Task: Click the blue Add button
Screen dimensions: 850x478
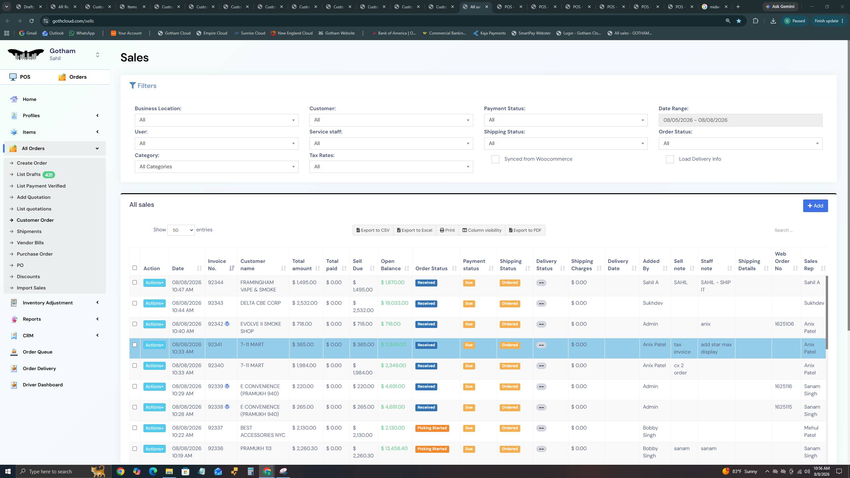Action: click(815, 206)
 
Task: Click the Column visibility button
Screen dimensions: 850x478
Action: click(482, 230)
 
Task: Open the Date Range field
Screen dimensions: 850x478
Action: click(740, 120)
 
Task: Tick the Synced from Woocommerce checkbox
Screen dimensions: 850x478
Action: click(495, 159)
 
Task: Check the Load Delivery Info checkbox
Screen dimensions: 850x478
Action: click(670, 159)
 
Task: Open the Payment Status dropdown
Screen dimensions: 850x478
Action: click(565, 120)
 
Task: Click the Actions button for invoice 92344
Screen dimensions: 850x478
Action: click(154, 283)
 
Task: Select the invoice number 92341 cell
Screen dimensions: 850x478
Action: click(215, 345)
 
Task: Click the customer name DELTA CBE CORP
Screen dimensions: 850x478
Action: click(261, 303)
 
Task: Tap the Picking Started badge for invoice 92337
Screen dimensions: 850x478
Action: click(432, 428)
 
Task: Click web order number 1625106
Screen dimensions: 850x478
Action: click(784, 324)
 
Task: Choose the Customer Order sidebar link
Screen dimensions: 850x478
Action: click(35, 220)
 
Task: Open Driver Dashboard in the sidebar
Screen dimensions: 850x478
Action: click(43, 385)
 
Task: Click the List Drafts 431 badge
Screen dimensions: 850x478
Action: click(49, 175)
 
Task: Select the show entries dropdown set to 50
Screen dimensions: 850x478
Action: click(181, 230)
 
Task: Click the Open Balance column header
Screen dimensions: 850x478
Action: click(391, 265)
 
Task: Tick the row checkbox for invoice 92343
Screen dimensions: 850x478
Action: click(134, 303)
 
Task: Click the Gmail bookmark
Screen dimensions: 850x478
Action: click(28, 33)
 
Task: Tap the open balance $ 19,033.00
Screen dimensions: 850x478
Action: click(394, 303)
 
